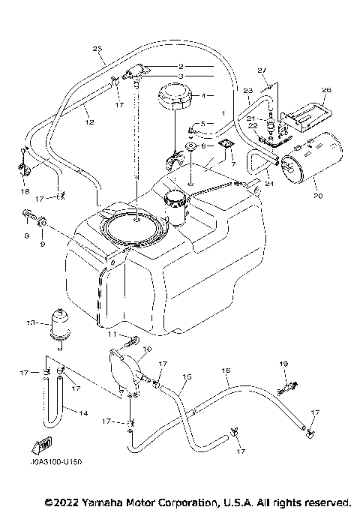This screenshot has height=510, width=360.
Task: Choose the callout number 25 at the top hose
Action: (x=97, y=49)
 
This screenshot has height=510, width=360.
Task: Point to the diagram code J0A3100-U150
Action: (x=52, y=463)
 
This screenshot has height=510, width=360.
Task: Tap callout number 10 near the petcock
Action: (x=145, y=349)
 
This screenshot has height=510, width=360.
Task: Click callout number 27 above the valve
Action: (x=261, y=70)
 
